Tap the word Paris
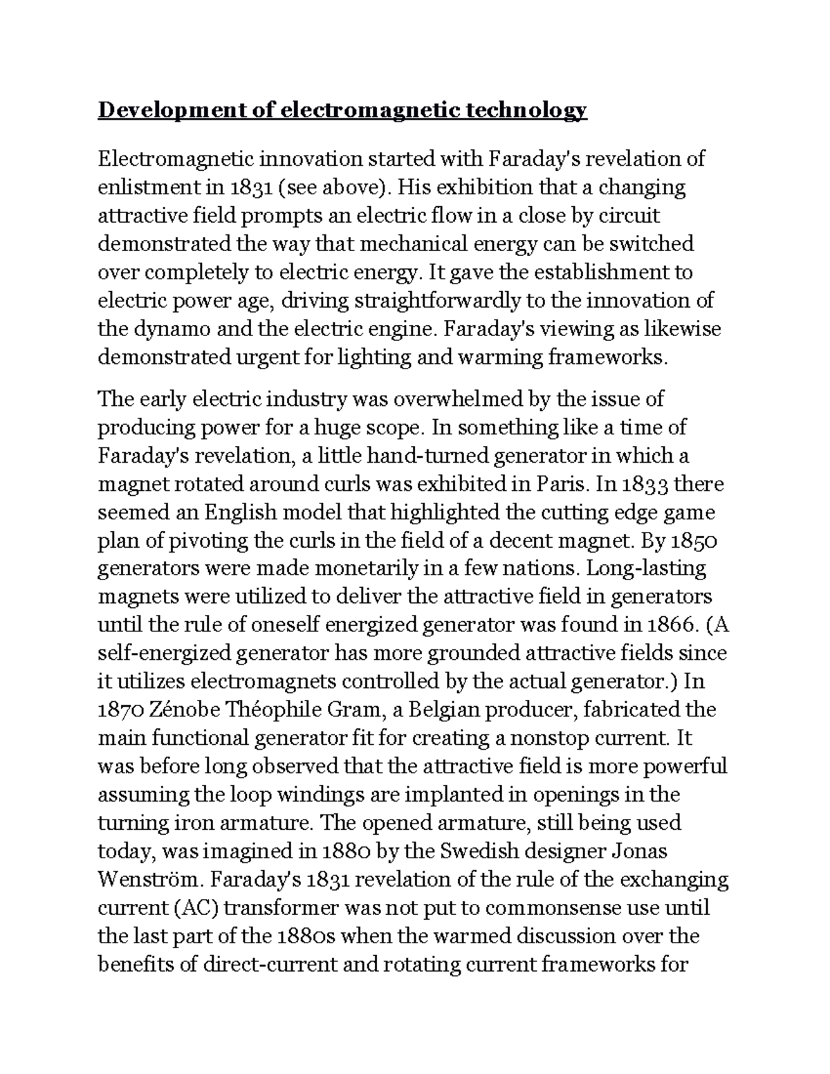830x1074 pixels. click(561, 484)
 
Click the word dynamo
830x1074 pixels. click(169, 329)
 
